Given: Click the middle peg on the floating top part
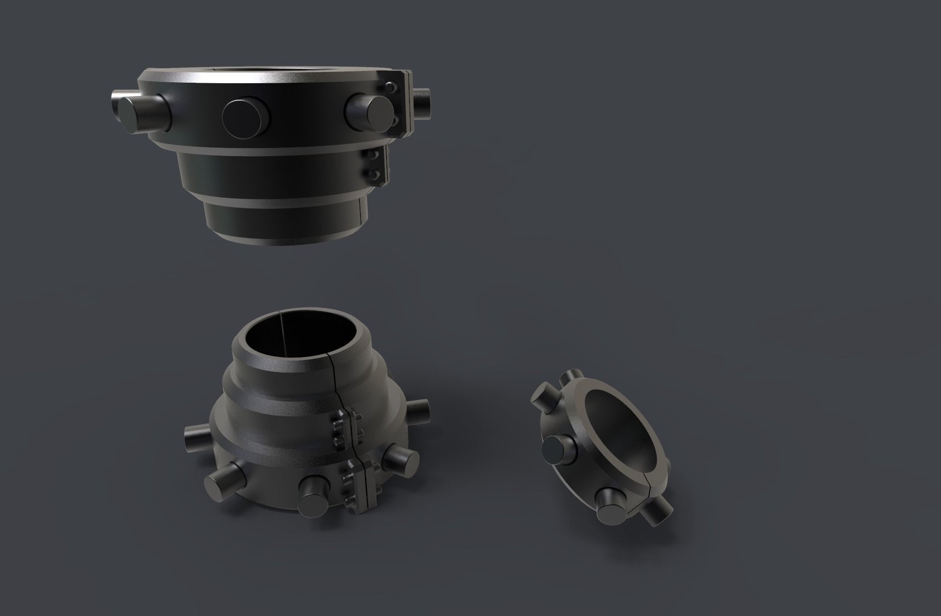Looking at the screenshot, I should coord(246,115).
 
